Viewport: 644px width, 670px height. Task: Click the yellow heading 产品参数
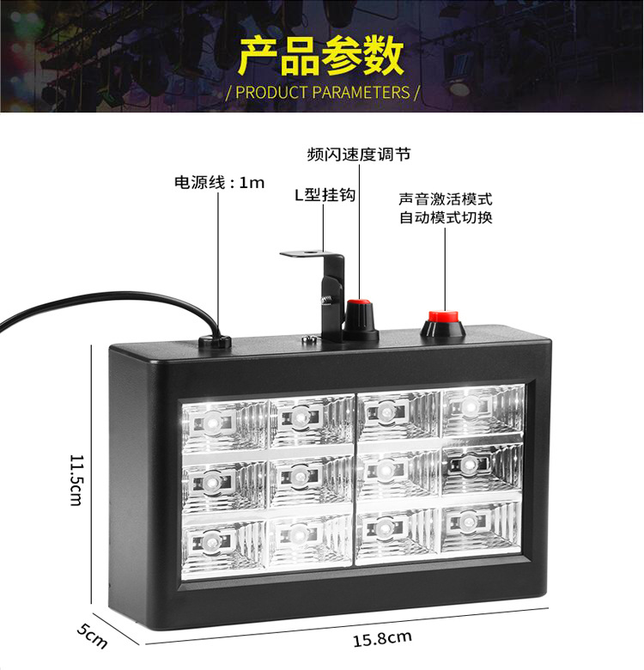[x=321, y=56]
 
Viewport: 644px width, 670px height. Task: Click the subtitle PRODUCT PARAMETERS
[x=322, y=92]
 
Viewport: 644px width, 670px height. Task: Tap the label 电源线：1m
[x=220, y=182]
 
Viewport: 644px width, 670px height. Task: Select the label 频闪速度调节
[x=358, y=155]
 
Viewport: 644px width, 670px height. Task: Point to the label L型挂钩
[x=325, y=195]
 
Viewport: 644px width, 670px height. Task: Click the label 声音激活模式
[x=446, y=198]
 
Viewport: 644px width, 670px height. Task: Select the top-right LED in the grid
[x=471, y=404]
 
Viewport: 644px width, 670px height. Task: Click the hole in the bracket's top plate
[x=307, y=254]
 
